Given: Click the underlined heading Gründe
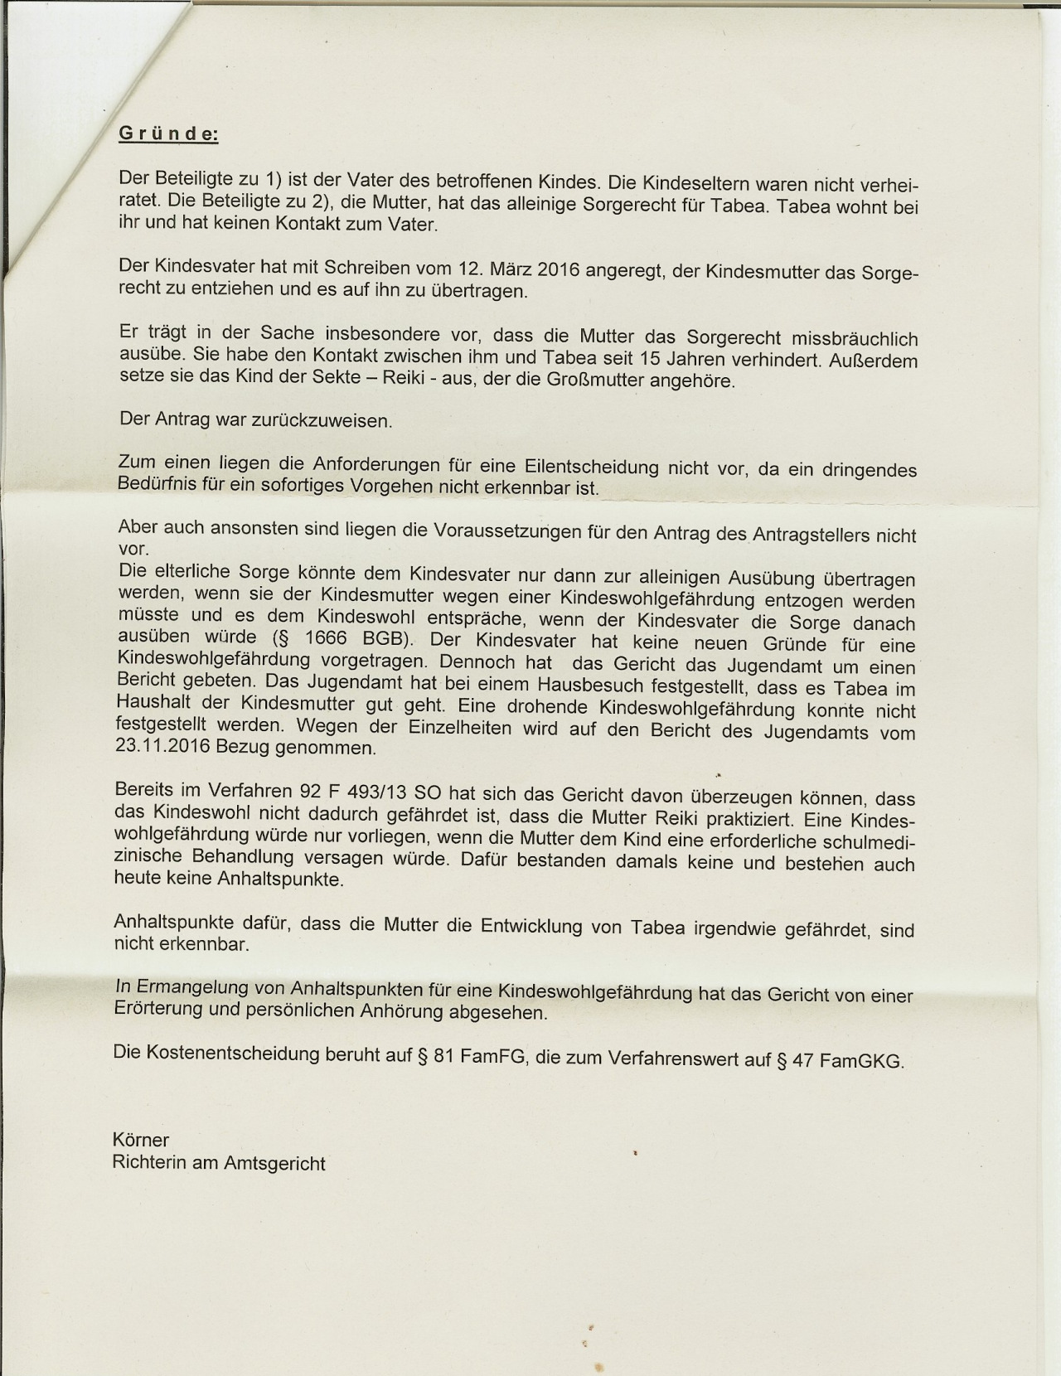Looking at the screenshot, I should [169, 133].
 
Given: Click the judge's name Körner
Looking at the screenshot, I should [140, 1140].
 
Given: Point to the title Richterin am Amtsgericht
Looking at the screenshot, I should [219, 1163].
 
